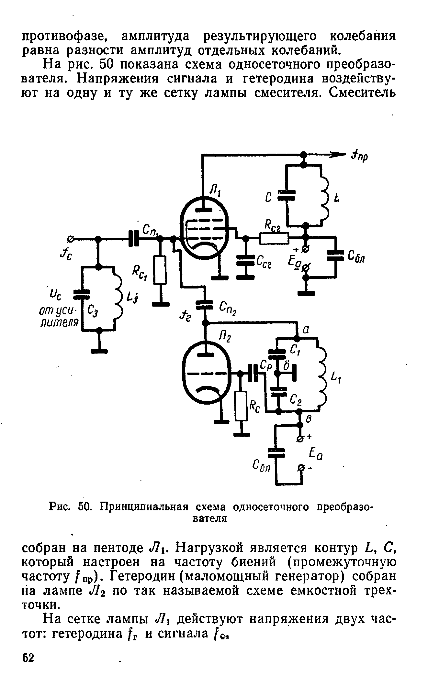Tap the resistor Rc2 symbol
click(274, 239)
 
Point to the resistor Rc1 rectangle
click(160, 270)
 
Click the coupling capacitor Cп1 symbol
click(133, 238)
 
